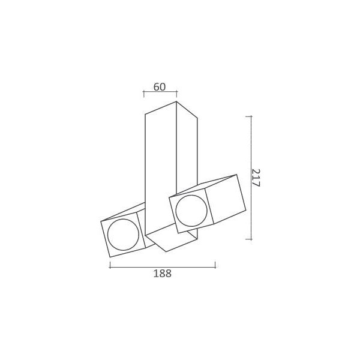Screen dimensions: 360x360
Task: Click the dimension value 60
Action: (x=159, y=86)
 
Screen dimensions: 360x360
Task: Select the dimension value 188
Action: (x=162, y=274)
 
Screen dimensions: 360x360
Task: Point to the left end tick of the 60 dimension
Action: (x=144, y=93)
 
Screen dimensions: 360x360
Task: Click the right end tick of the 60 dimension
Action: (x=177, y=93)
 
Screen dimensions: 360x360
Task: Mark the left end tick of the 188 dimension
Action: (x=110, y=265)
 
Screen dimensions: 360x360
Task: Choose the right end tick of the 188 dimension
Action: (x=215, y=265)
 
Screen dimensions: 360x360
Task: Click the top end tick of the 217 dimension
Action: (x=250, y=116)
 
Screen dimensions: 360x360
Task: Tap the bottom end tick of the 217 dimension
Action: (x=250, y=239)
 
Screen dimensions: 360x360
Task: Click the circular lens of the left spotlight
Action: (x=123, y=234)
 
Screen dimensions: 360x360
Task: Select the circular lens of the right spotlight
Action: (x=191, y=210)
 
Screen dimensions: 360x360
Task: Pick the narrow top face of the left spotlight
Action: (x=123, y=213)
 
